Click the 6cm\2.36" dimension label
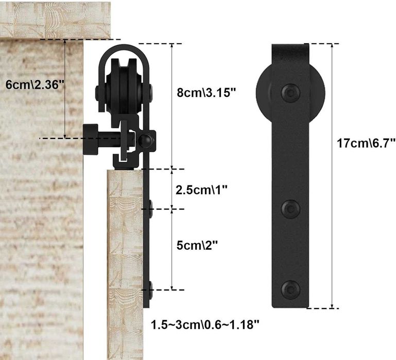tap(35, 84)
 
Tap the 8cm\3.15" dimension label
tap(206, 93)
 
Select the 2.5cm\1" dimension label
tap(201, 190)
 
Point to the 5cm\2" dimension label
tap(197, 245)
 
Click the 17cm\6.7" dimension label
tap(366, 143)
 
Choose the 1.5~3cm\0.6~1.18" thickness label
tap(205, 324)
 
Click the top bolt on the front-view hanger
tap(290, 93)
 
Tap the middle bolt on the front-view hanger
tap(290, 209)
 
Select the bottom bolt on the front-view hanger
tap(290, 289)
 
